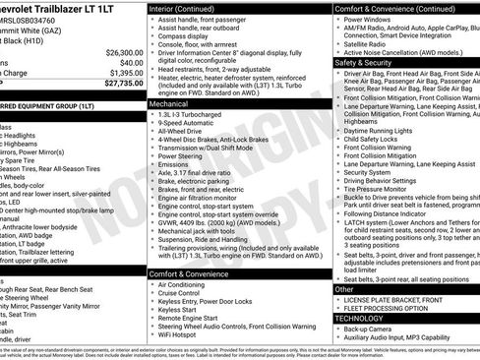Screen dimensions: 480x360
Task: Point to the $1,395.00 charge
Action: tap(119, 73)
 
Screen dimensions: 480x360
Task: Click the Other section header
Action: tap(345, 289)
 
